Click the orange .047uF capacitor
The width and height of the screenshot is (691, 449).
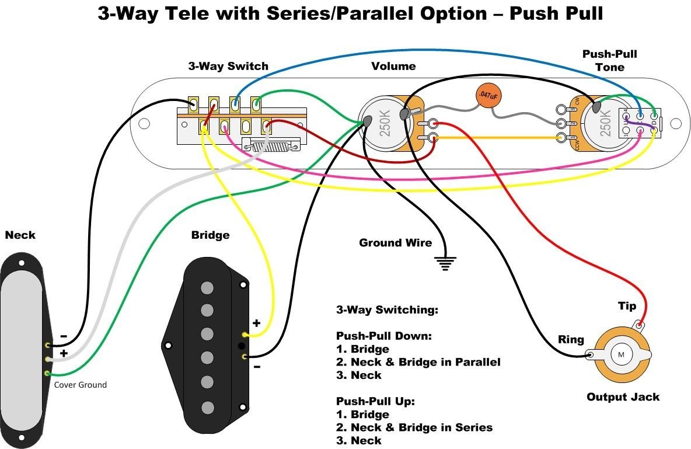488,96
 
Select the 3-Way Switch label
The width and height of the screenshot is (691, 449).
228,66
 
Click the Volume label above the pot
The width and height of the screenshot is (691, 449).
393,66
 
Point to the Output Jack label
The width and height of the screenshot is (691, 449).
623,397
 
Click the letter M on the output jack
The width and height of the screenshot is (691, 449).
621,354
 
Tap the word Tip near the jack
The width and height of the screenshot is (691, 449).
627,307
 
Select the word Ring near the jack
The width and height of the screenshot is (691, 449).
571,339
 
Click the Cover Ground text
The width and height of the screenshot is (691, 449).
81,385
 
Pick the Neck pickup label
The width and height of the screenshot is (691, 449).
20,235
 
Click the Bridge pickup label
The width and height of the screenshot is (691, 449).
210,235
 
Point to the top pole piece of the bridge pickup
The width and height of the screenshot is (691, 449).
207,287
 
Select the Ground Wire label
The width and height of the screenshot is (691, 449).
395,243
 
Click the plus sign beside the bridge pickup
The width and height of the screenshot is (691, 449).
256,323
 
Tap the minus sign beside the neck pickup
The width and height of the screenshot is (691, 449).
64,337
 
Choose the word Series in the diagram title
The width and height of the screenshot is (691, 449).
301,15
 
